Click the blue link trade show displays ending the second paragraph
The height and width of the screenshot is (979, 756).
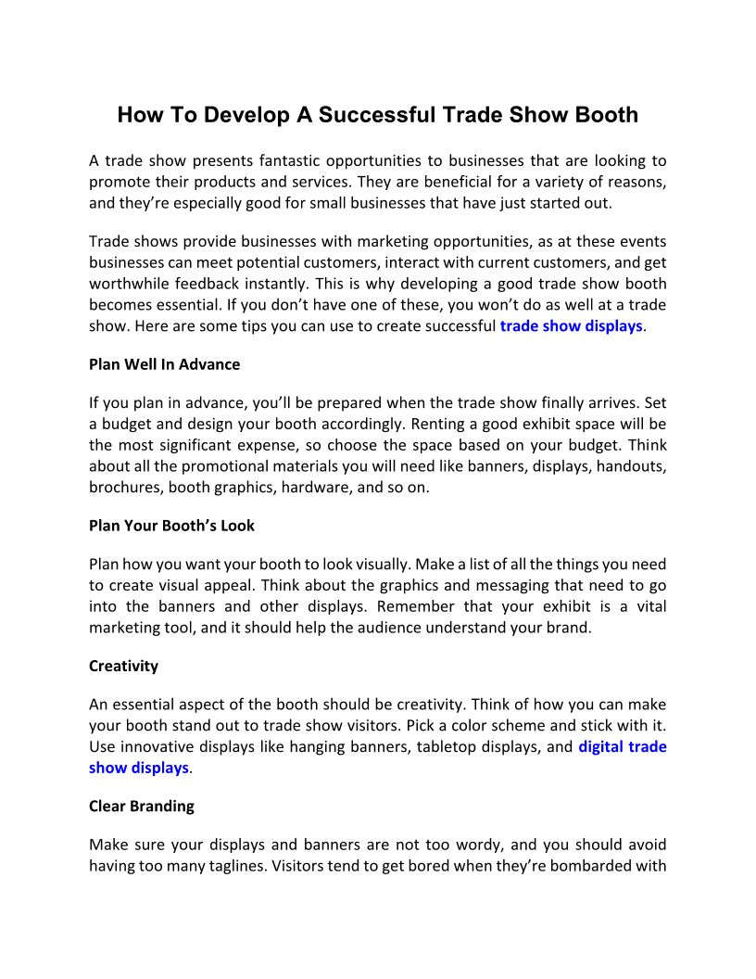tap(571, 325)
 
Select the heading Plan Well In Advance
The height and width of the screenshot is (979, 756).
tap(164, 364)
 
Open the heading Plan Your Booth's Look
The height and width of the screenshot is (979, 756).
tap(171, 525)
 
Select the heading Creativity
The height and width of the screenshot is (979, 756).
tap(123, 666)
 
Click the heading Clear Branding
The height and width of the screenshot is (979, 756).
tap(141, 806)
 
